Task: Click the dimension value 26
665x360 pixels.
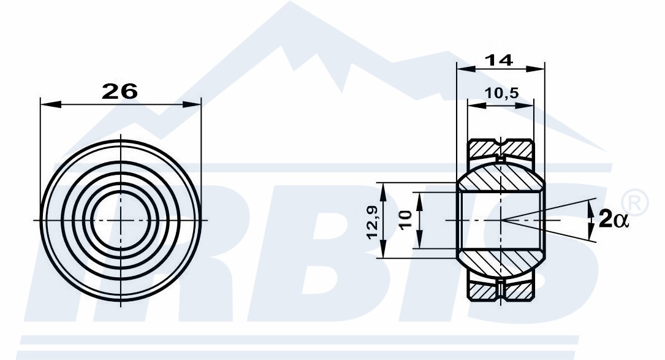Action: pyautogui.click(x=120, y=91)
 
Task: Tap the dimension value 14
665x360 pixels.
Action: pyautogui.click(x=499, y=60)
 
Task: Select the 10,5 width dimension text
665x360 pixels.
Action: pyautogui.click(x=501, y=93)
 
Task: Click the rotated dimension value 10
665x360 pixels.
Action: pyautogui.click(x=406, y=220)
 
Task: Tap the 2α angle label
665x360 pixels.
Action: pyautogui.click(x=614, y=220)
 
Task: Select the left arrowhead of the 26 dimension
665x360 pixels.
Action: pyautogui.click(x=51, y=104)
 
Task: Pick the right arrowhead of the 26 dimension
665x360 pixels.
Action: pyautogui.click(x=191, y=104)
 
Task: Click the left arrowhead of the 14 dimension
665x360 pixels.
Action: pyautogui.click(x=466, y=68)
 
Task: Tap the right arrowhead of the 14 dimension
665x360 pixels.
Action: pyautogui.click(x=535, y=68)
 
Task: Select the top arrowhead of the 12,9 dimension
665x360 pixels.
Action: pyautogui.click(x=383, y=193)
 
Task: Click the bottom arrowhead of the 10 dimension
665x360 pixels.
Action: pyautogui.click(x=419, y=239)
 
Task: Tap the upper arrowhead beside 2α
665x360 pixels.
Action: pyautogui.click(x=591, y=209)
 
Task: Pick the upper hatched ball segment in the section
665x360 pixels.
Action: pyautogui.click(x=501, y=178)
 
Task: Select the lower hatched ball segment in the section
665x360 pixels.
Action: pyautogui.click(x=501, y=262)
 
